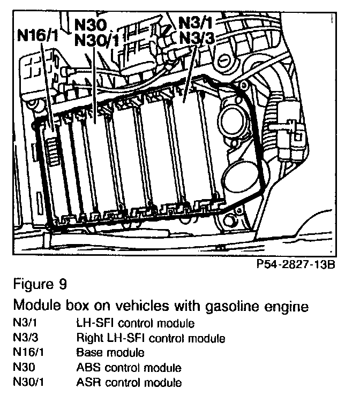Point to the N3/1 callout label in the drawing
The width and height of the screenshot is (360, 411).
tap(196, 23)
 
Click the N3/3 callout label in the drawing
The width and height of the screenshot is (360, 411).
tap(196, 38)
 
